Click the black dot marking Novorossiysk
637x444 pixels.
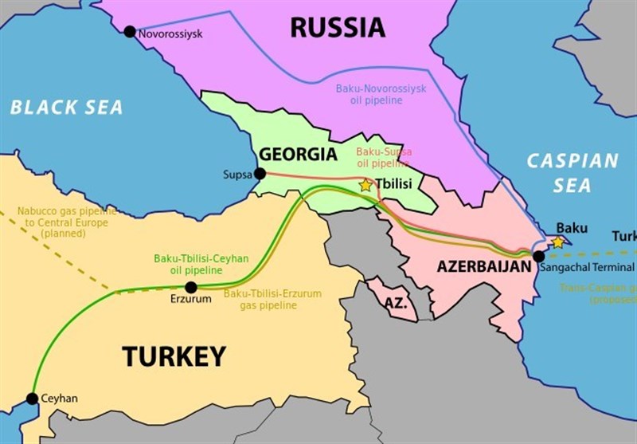(130, 32)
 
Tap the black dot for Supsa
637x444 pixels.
(258, 174)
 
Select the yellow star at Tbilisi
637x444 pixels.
(365, 185)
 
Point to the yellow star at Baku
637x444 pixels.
(558, 242)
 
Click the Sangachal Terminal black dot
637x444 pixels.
(539, 256)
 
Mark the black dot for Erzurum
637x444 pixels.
(190, 287)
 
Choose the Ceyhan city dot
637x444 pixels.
(32, 398)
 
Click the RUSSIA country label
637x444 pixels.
(337, 27)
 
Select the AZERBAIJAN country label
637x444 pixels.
(483, 267)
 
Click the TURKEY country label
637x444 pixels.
(174, 356)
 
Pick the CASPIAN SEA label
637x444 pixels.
(573, 173)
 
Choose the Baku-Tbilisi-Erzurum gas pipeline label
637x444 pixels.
(272, 300)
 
